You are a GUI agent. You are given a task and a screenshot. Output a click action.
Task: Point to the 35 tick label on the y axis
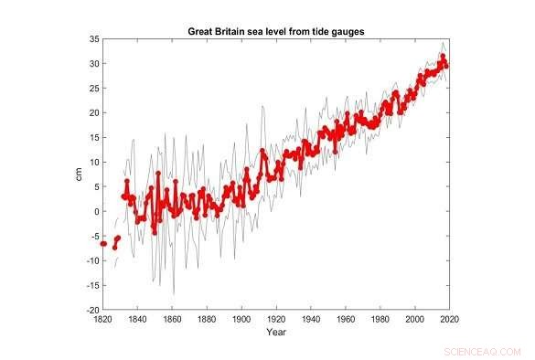[x=93, y=40]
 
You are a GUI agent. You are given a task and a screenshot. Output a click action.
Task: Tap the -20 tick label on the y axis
[x=91, y=310]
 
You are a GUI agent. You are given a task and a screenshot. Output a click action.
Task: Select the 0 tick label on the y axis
[x=95, y=211]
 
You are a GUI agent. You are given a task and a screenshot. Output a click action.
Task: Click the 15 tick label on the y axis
[x=93, y=138]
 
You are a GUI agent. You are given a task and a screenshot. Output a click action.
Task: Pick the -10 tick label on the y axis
[x=91, y=260]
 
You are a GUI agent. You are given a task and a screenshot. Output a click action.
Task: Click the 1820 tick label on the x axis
[x=102, y=320]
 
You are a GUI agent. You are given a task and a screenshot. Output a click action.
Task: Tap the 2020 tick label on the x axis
[x=449, y=320]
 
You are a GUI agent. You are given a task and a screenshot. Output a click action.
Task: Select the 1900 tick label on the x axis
[x=241, y=320]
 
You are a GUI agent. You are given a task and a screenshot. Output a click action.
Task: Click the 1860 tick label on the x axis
[x=172, y=320]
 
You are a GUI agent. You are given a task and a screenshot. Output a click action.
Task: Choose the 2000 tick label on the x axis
[x=414, y=320]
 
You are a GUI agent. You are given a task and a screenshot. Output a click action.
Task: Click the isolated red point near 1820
[x=103, y=243]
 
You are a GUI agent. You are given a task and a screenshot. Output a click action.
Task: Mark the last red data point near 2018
[x=445, y=66]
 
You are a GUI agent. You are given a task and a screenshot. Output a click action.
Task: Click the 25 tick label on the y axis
[x=93, y=90]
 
